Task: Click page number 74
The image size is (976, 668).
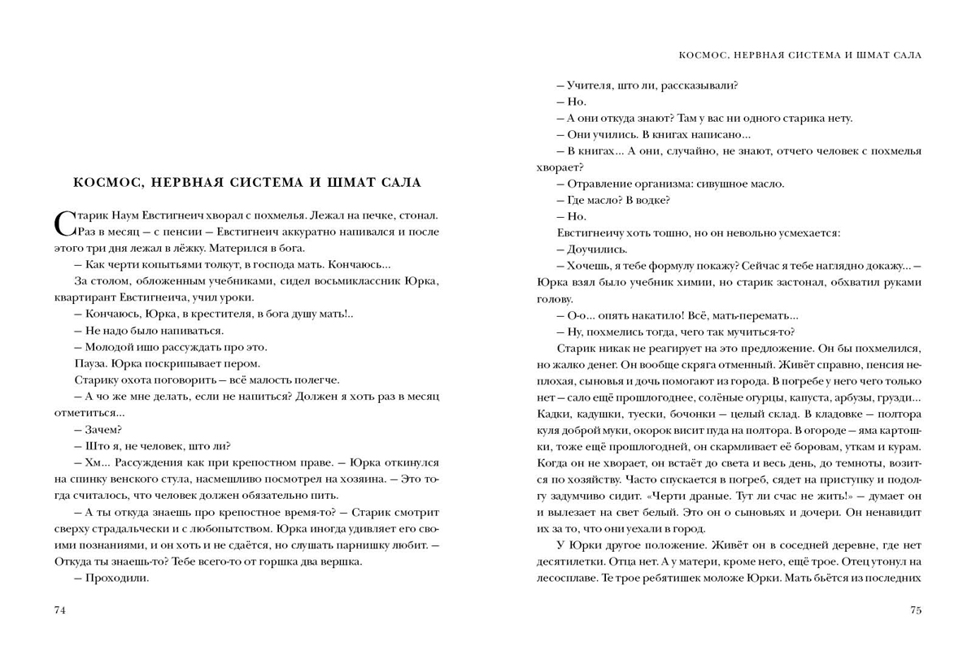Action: (x=59, y=610)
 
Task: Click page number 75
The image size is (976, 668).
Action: (x=917, y=610)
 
